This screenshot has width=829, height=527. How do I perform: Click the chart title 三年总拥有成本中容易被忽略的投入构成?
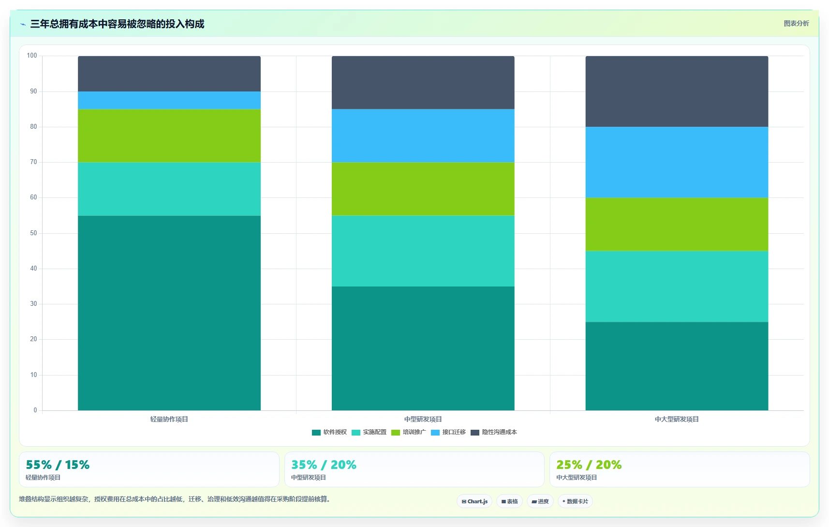click(117, 24)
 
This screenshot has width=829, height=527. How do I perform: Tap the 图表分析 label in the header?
click(797, 23)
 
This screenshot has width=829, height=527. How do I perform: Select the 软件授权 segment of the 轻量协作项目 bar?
click(169, 313)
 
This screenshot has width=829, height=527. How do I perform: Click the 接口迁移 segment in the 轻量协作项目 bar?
click(169, 100)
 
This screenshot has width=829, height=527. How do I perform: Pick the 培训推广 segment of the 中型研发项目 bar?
click(423, 189)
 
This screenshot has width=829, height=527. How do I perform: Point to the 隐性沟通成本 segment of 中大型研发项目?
click(677, 91)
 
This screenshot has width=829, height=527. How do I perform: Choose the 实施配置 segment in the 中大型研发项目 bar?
click(677, 286)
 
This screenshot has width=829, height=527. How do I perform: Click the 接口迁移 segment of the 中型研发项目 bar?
click(423, 136)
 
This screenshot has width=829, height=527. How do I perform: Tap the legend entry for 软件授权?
click(329, 432)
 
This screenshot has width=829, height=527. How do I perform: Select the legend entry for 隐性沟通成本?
click(494, 432)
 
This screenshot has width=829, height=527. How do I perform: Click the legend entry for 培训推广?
click(409, 432)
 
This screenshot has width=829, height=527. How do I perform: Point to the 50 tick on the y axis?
click(33, 233)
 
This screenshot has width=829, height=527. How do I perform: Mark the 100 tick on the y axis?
click(32, 56)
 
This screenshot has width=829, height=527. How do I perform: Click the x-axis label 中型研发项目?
click(423, 419)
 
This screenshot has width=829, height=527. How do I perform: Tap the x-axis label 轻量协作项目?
click(169, 419)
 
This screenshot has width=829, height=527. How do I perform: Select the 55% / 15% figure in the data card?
click(58, 465)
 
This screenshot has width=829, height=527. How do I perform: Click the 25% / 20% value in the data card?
click(589, 465)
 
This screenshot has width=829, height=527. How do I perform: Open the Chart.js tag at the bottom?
click(474, 501)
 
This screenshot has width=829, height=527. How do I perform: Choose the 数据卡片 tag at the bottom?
click(575, 501)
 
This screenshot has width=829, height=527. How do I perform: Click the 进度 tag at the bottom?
click(540, 501)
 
